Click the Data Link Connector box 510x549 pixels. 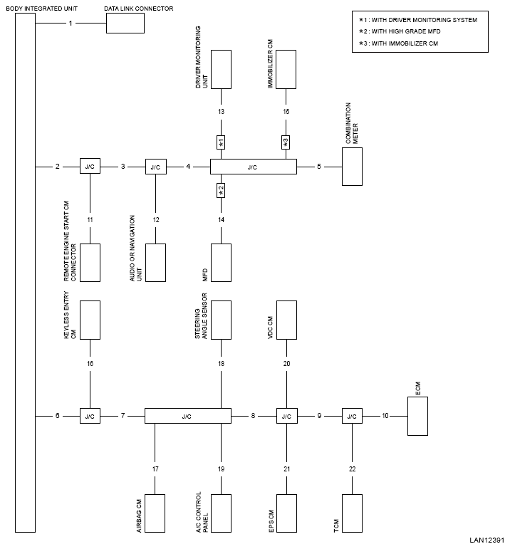click(x=125, y=23)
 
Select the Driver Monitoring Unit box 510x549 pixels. click(x=221, y=69)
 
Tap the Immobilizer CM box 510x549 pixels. click(x=286, y=69)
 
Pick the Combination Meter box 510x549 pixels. click(x=352, y=167)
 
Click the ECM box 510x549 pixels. click(x=417, y=416)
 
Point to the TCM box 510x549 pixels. click(x=352, y=513)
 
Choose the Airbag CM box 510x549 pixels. click(x=155, y=513)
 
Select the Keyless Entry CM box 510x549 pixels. click(x=90, y=320)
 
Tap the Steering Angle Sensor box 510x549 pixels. click(x=221, y=320)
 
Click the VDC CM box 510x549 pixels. click(x=286, y=320)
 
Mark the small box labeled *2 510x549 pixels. click(x=221, y=190)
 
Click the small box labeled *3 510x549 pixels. click(x=286, y=142)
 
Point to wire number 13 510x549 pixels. click(x=221, y=112)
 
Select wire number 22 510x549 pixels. click(x=353, y=469)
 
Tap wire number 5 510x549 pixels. click(x=319, y=167)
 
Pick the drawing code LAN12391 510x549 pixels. click(x=487, y=540)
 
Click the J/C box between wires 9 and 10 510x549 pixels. click(x=352, y=416)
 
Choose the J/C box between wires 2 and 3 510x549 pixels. click(x=90, y=167)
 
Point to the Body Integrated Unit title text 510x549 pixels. click(x=42, y=9)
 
